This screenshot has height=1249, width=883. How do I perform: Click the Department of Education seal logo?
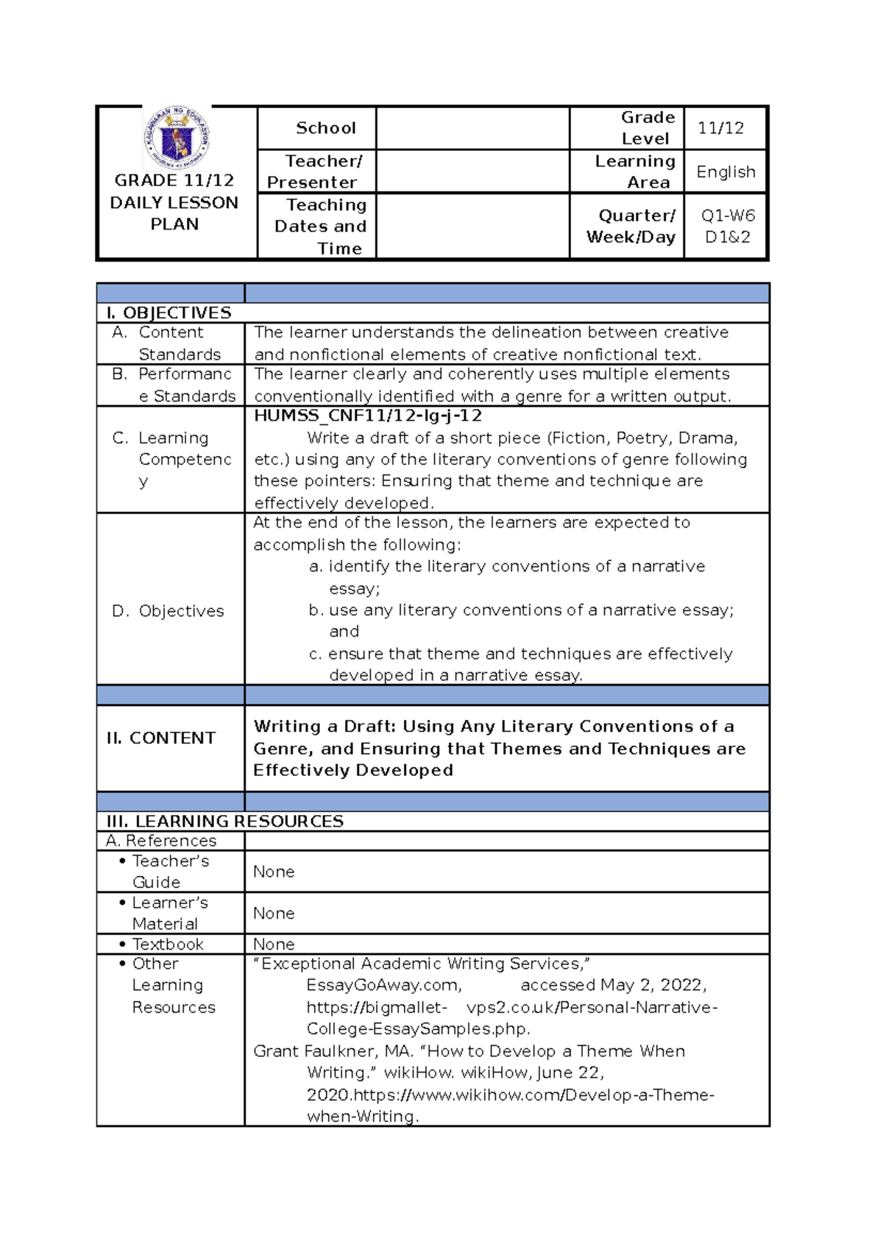pos(177,138)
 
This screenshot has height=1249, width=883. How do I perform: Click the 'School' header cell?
pos(325,128)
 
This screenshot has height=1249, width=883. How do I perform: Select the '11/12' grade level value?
pos(720,128)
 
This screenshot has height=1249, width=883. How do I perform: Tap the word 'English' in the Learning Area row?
pos(726,171)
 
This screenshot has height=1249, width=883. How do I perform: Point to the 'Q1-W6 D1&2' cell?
pos(727,226)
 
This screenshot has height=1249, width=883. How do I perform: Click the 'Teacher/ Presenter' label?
pos(316,171)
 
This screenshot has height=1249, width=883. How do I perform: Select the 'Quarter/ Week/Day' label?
pos(631,226)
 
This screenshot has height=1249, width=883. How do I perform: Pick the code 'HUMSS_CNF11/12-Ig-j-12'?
pos(368,416)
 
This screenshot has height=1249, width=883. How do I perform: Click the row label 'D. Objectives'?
pos(169,611)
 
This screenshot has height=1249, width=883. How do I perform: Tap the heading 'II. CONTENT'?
pos(161,738)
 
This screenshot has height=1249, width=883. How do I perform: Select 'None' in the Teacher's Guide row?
pos(274,872)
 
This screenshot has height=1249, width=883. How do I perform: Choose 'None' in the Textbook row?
pos(274,944)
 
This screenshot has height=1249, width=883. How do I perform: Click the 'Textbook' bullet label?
pos(168,944)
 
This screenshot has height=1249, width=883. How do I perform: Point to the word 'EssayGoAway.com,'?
pos(384,985)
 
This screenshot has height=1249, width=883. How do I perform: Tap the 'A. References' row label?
pos(161,841)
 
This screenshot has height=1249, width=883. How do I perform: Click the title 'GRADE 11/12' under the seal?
pos(174,180)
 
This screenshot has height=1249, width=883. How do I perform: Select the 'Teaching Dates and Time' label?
pos(322,226)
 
